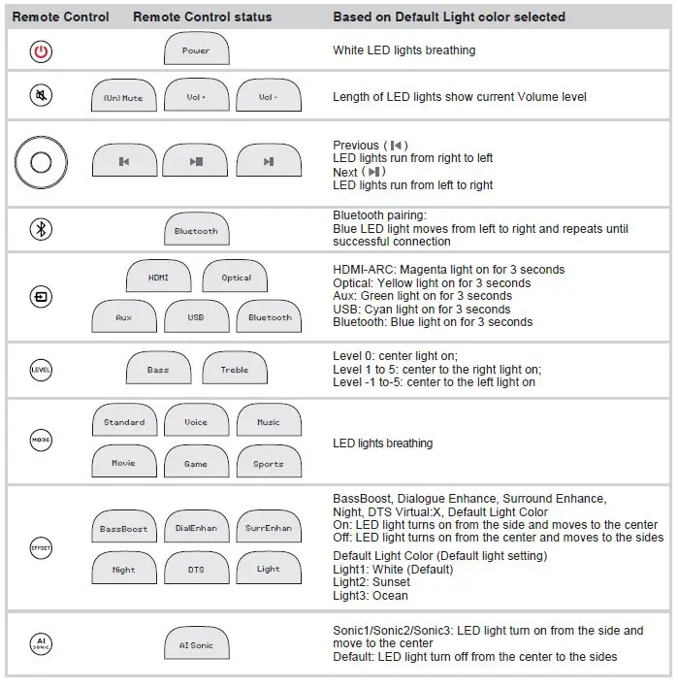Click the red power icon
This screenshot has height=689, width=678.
pyautogui.click(x=41, y=50)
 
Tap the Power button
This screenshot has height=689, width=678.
pyautogui.click(x=196, y=50)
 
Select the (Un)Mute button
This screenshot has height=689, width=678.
pyautogui.click(x=123, y=97)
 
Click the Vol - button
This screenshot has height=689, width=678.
pyautogui.click(x=269, y=97)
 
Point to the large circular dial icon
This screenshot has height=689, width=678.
pyautogui.click(x=41, y=162)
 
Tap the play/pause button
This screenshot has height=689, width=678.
pyautogui.click(x=196, y=162)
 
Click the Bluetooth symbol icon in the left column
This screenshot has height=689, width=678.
pyautogui.click(x=41, y=229)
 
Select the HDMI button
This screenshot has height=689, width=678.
pyautogui.click(x=158, y=278)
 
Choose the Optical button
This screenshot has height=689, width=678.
pyautogui.click(x=236, y=278)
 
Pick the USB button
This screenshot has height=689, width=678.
pyautogui.click(x=196, y=317)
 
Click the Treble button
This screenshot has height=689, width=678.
pyautogui.click(x=235, y=370)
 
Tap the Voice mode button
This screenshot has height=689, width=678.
pyautogui.click(x=196, y=422)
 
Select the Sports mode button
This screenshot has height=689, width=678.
pyautogui.click(x=269, y=463)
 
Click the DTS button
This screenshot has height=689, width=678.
pyautogui.click(x=196, y=570)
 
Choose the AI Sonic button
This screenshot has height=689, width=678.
pyautogui.click(x=196, y=645)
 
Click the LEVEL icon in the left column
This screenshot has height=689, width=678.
pyautogui.click(x=41, y=370)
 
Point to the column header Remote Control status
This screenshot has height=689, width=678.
pyautogui.click(x=202, y=17)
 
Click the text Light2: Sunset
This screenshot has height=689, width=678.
pyautogui.click(x=371, y=582)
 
